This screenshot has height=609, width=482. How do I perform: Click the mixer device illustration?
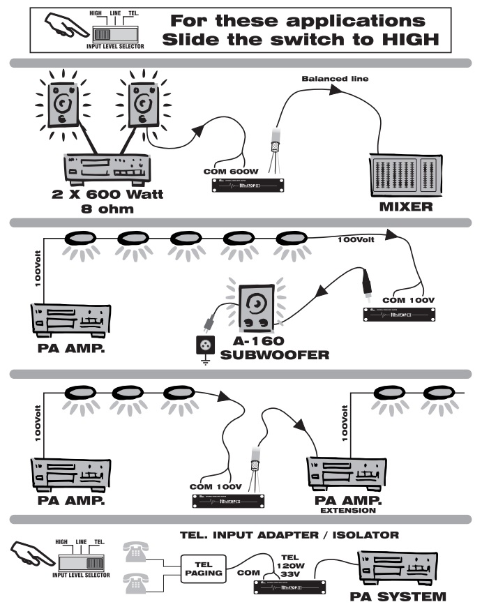[402, 174]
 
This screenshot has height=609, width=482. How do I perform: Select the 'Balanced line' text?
[334, 79]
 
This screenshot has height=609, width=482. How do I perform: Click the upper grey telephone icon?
[137, 550]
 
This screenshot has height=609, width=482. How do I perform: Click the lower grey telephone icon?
[137, 579]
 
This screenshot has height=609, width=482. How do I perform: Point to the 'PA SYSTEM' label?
[396, 597]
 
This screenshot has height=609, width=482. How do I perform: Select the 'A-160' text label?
[259, 342]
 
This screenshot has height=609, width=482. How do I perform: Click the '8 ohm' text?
[105, 208]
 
